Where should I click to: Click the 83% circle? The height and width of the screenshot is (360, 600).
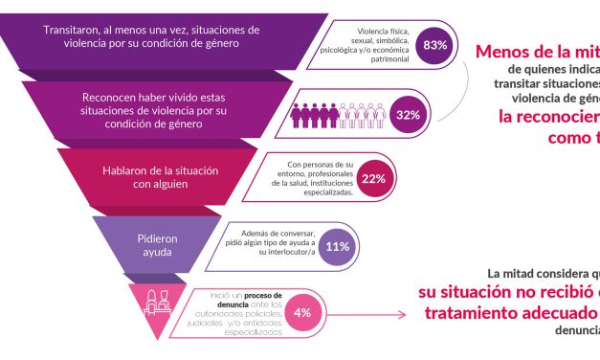[435, 45]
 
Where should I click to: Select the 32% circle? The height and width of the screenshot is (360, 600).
[409, 115]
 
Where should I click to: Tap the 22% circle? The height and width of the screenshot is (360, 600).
[373, 179]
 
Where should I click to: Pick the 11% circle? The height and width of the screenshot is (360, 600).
[338, 246]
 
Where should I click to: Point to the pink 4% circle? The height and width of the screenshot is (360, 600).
[301, 312]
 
